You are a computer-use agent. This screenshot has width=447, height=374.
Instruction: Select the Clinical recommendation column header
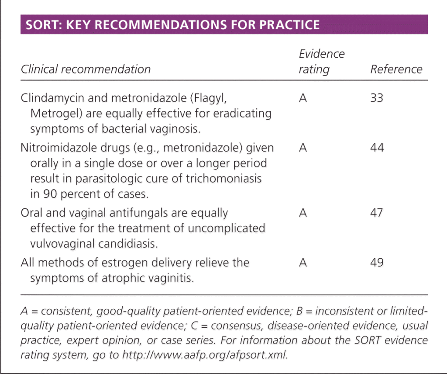pos(86,69)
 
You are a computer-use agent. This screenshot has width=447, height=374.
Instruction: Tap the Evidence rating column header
pos(322,61)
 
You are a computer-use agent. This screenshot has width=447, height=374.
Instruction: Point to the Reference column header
pos(396,69)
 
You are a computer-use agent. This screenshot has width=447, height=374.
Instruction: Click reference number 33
pos(377,98)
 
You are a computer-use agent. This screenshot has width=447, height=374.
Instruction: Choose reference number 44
pos(377,148)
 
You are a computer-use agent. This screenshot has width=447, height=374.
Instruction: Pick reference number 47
pos(377,212)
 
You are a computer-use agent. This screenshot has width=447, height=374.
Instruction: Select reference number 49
pos(377,262)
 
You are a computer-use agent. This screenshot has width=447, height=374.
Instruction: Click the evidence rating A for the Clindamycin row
pos(303,98)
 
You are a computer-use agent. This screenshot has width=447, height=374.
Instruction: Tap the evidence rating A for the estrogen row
pos(303,262)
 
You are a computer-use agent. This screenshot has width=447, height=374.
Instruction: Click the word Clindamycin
pos(52,98)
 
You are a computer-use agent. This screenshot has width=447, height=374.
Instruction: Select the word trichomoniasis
pos(224,178)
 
